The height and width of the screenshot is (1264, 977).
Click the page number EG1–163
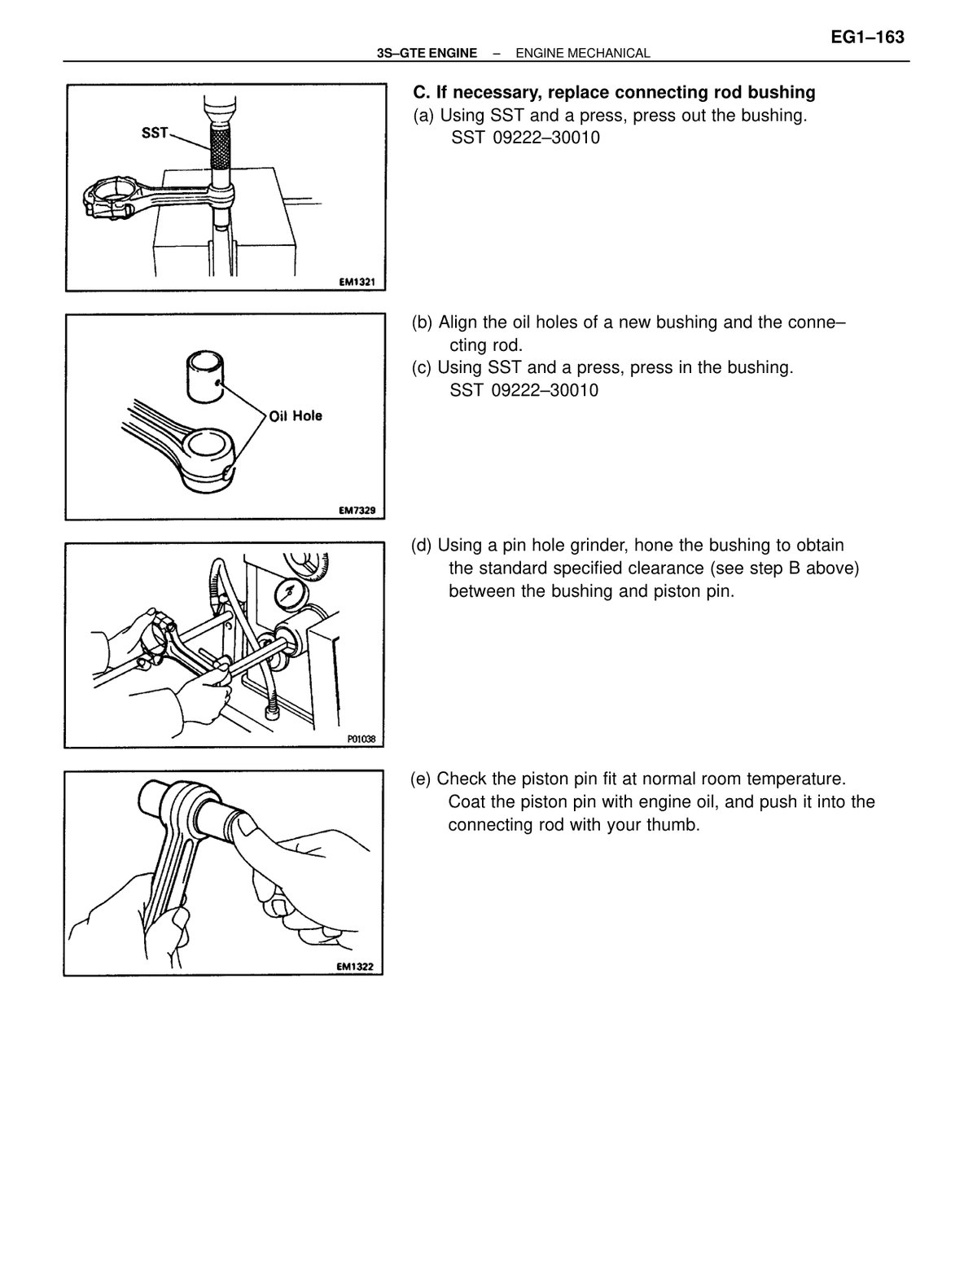pyautogui.click(x=866, y=37)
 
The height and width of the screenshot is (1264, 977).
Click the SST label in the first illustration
pyautogui.click(x=155, y=134)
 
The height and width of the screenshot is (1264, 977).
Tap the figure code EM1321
pyautogui.click(x=357, y=282)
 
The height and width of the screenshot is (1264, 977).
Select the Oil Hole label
pyautogui.click(x=296, y=415)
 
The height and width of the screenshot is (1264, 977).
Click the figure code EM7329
pyautogui.click(x=357, y=511)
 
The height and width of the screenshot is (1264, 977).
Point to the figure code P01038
pyautogui.click(x=361, y=740)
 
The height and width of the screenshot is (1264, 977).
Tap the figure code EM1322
pyautogui.click(x=355, y=967)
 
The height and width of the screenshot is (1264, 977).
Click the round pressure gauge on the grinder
pyautogui.click(x=289, y=595)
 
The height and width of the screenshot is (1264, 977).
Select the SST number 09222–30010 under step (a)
pyautogui.click(x=545, y=138)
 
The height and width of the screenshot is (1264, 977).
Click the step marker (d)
pyautogui.click(x=422, y=546)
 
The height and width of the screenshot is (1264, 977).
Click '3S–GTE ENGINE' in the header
pyautogui.click(x=427, y=54)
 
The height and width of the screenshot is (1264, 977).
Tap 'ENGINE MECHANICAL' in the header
pyautogui.click(x=583, y=54)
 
